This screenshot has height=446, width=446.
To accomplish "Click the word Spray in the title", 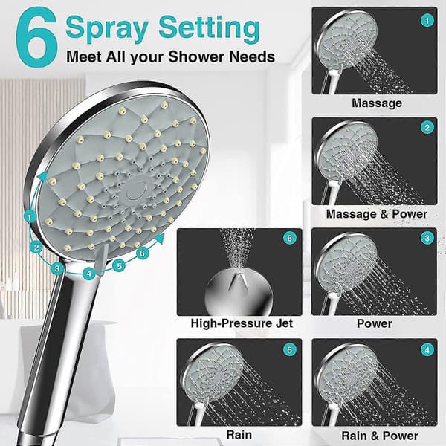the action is (x=107, y=28).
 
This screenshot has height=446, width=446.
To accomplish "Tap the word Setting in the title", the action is (x=209, y=28).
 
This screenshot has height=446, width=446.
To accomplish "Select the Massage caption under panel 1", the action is (x=377, y=103).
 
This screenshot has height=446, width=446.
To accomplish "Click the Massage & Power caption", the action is (x=377, y=214).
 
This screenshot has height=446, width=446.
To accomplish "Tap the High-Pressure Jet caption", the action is (x=242, y=323).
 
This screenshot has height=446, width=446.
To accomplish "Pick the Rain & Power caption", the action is (x=380, y=436).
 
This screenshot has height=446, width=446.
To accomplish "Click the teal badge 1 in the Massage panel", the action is (x=427, y=21).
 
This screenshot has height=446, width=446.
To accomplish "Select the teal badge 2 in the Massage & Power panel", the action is (x=427, y=127).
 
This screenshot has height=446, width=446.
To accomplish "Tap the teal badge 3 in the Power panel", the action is (x=427, y=238).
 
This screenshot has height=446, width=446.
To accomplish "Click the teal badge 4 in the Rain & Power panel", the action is (x=427, y=350).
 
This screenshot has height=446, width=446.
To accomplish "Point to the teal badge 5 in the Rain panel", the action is (x=290, y=349).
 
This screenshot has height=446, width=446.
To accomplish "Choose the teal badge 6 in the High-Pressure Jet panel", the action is (x=290, y=238).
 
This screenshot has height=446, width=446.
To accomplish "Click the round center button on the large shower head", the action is (x=136, y=190).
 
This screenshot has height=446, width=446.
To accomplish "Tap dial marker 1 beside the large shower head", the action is (x=30, y=217).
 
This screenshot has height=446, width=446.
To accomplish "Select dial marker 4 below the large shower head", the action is (x=89, y=274).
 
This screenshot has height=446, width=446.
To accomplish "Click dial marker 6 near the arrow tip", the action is (x=143, y=253).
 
